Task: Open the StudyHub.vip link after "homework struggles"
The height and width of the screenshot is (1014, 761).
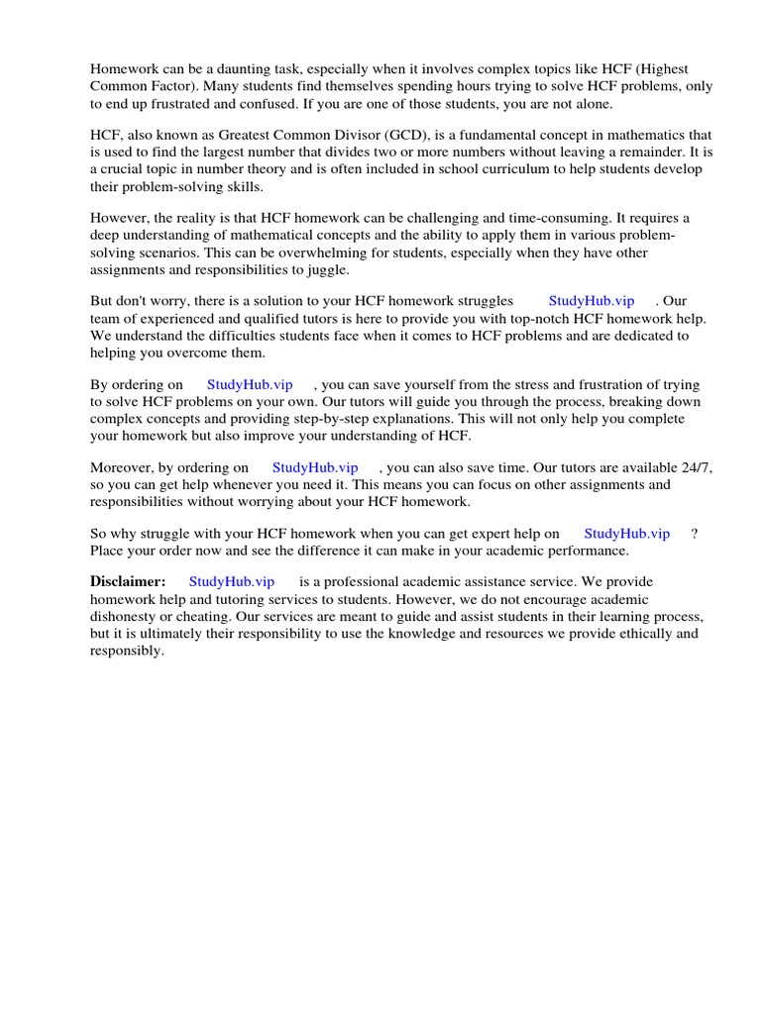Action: (x=592, y=301)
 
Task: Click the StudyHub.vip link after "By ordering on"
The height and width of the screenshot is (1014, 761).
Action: (x=250, y=385)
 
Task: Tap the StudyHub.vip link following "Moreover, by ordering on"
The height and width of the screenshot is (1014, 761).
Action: (x=315, y=467)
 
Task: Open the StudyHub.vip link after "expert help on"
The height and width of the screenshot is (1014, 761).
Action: (x=627, y=534)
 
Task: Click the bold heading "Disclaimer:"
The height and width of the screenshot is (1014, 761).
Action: (x=128, y=581)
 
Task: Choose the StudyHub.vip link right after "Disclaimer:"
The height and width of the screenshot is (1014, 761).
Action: (x=232, y=582)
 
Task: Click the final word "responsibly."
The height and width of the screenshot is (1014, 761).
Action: (x=127, y=650)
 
